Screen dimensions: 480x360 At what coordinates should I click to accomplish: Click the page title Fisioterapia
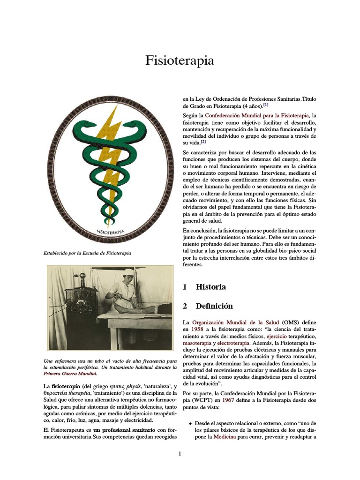pos(180,60)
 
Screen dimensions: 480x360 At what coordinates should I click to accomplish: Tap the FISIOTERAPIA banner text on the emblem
pos(113,231)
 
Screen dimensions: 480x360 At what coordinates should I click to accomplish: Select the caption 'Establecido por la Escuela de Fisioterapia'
pos(87,253)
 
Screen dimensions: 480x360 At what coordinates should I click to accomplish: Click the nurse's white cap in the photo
pos(129,272)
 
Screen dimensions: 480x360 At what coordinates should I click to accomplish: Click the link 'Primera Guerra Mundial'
pos(70,374)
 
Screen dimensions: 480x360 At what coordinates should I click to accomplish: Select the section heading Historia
pos(210,287)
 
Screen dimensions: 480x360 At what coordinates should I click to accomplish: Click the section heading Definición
pos(214,306)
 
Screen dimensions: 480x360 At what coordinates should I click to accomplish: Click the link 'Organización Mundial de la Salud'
pos(236,323)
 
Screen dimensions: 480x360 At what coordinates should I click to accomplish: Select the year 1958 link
pos(196,330)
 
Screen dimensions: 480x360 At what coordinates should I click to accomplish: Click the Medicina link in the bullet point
pos(225,436)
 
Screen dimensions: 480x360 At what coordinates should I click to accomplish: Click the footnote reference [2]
pos(203,141)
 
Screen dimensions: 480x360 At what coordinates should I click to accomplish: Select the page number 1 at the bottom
pos(180,454)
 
